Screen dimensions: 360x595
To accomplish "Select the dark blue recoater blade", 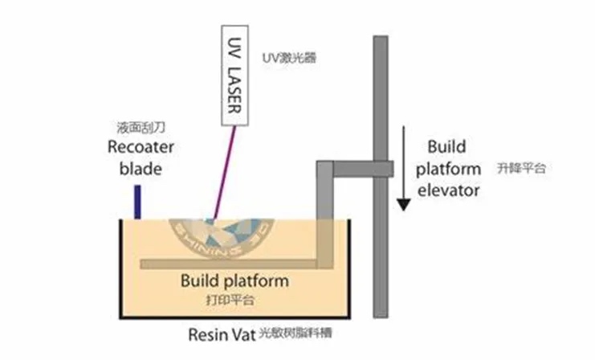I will (x=138, y=202).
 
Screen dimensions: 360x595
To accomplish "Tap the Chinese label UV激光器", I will (x=290, y=59).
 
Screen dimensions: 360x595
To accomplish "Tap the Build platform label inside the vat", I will (x=234, y=281).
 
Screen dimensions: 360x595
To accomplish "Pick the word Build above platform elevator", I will (x=446, y=148).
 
